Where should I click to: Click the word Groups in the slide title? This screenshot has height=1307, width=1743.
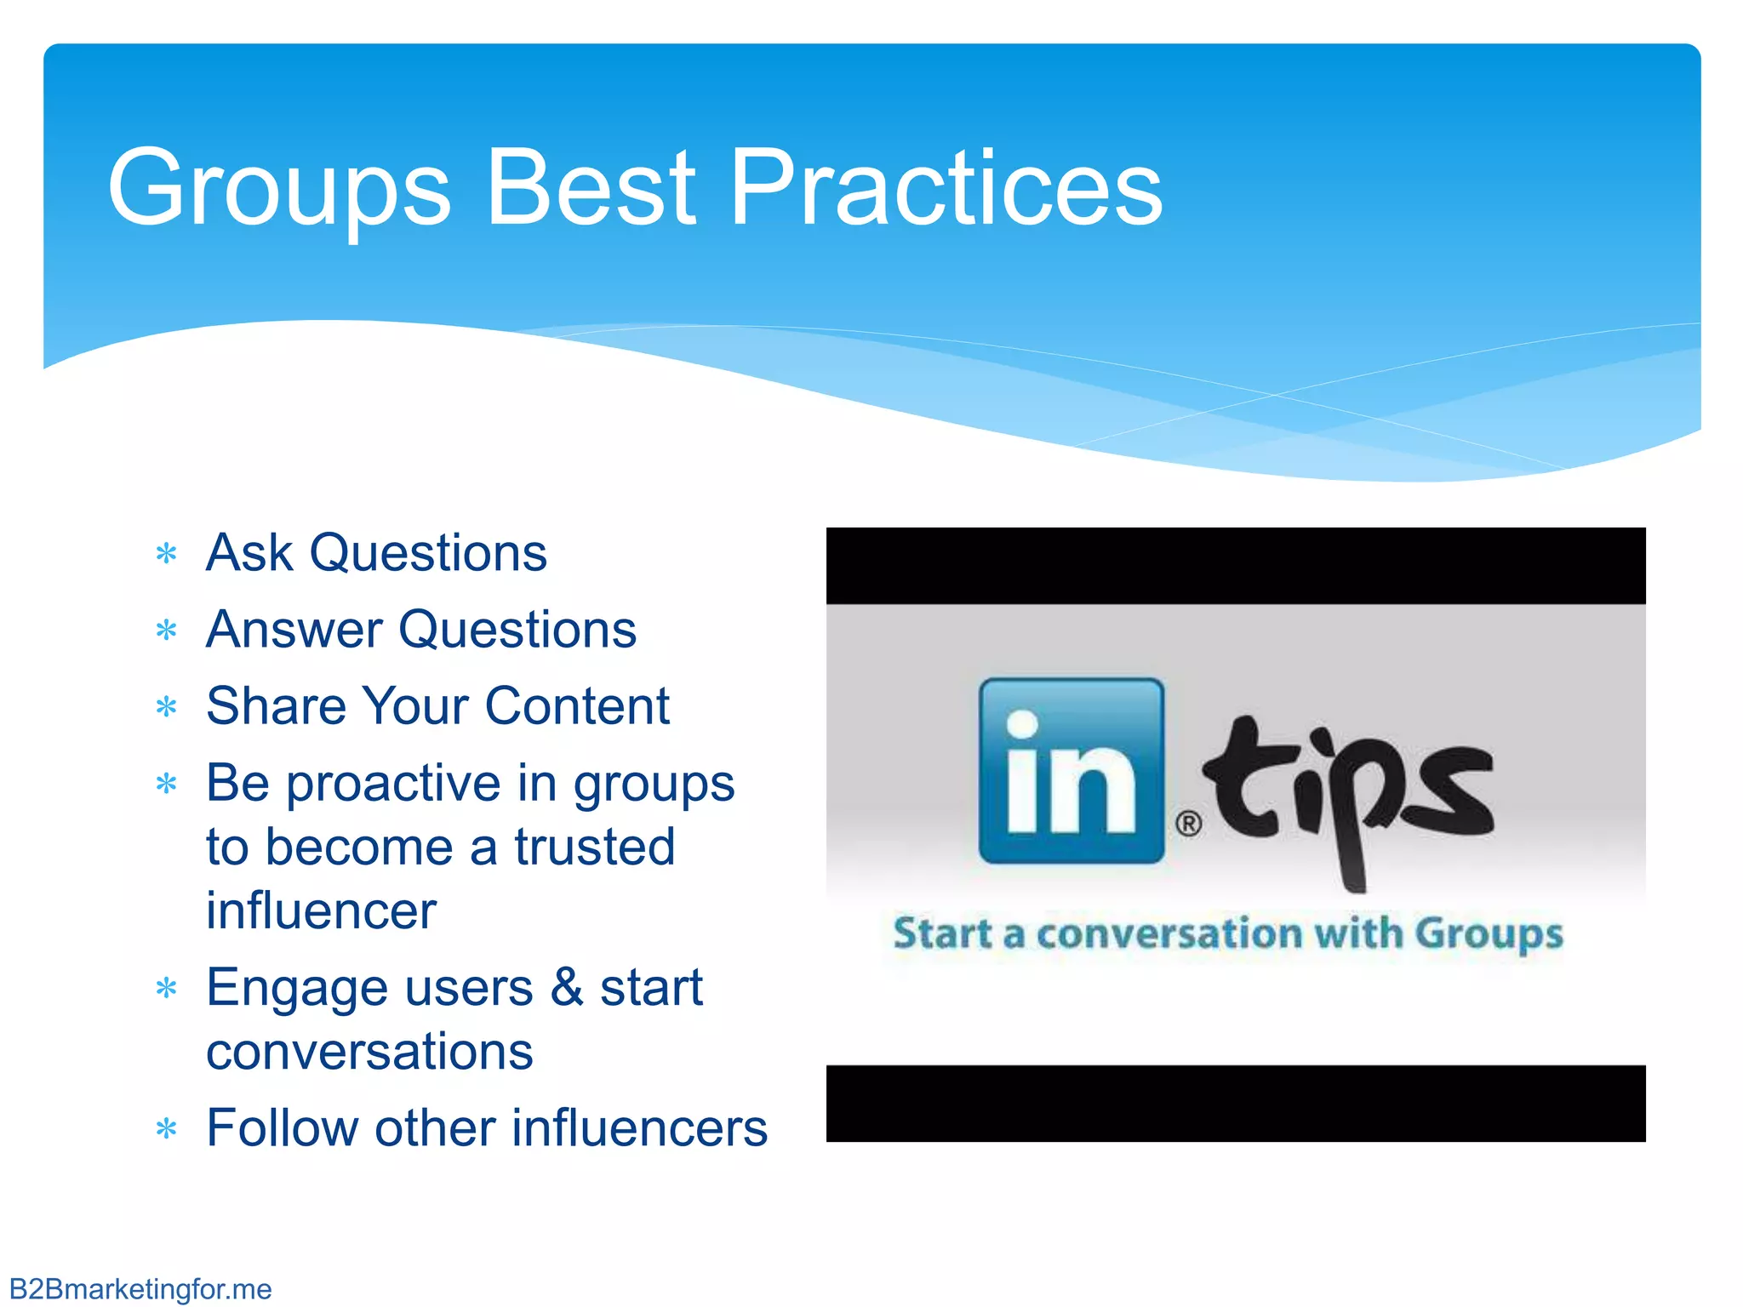pyautogui.click(x=279, y=189)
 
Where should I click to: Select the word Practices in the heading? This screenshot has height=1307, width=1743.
pyautogui.click(x=946, y=189)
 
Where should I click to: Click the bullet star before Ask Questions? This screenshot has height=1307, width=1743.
pyautogui.click(x=167, y=555)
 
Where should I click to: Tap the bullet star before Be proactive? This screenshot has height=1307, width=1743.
pyautogui.click(x=167, y=784)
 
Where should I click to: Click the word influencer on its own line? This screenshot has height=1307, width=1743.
pyautogui.click(x=321, y=910)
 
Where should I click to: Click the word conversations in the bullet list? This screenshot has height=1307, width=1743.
pyautogui.click(x=369, y=1052)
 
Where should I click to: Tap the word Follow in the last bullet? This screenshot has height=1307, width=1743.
pyautogui.click(x=282, y=1128)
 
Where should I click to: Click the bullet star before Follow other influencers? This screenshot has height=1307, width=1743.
pyautogui.click(x=167, y=1130)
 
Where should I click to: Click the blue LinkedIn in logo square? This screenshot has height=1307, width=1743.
pyautogui.click(x=1072, y=771)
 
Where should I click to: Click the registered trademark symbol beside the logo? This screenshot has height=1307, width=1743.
pyautogui.click(x=1188, y=824)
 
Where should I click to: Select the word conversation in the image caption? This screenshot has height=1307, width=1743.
pyautogui.click(x=1169, y=933)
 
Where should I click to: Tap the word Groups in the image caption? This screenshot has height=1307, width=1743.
pyautogui.click(x=1489, y=934)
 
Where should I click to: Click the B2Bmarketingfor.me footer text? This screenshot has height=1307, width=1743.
pyautogui.click(x=140, y=1289)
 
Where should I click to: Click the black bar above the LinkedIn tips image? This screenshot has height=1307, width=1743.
pyautogui.click(x=1235, y=566)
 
